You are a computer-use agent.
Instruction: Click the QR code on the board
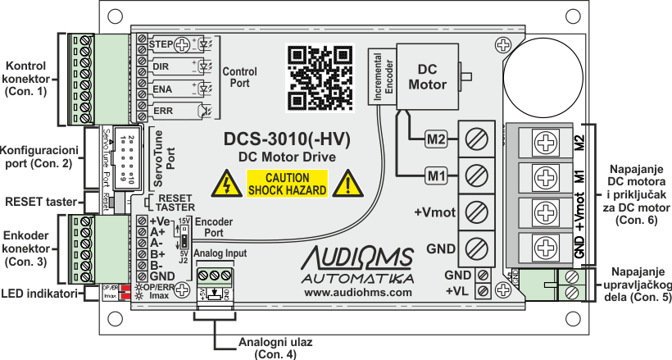[316, 77]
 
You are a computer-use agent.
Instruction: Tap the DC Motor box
[427, 76]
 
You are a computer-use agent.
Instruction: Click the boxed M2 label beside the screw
[435, 139]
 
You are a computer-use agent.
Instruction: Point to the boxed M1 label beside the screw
[435, 175]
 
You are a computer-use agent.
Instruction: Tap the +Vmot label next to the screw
[434, 212]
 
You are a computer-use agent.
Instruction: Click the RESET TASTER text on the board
[175, 203]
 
